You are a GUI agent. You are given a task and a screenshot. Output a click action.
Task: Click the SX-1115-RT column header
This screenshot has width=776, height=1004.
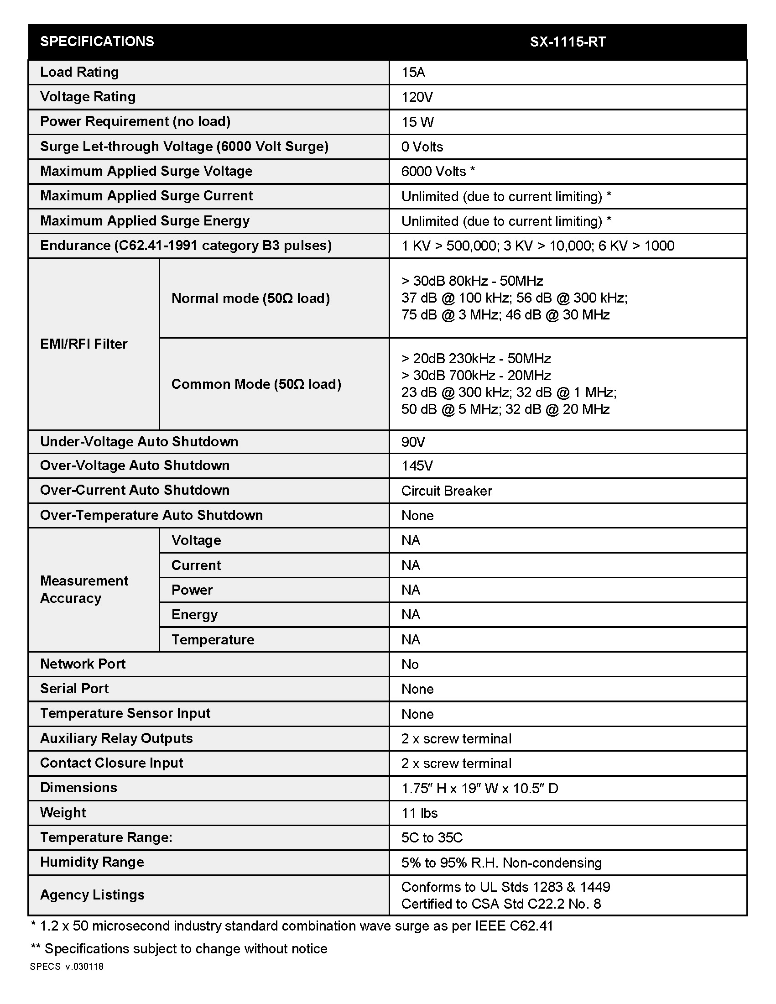[x=568, y=42]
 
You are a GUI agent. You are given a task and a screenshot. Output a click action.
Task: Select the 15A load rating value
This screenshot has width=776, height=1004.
[x=413, y=72]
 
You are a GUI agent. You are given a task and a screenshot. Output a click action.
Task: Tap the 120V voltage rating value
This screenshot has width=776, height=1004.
[x=417, y=97]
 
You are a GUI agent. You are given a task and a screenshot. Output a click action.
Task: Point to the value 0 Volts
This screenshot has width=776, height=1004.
[x=422, y=146]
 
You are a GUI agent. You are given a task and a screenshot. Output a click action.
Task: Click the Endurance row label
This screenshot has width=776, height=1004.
[x=186, y=246]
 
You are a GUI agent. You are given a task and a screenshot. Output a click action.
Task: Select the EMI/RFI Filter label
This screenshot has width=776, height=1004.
[x=83, y=344]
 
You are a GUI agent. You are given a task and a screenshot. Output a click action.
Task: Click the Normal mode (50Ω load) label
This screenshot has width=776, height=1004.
[x=250, y=298]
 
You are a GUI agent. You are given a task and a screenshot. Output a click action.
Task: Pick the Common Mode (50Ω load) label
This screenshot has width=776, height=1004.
[x=256, y=384]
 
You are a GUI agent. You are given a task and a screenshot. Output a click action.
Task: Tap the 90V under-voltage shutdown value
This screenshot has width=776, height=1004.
[x=412, y=442]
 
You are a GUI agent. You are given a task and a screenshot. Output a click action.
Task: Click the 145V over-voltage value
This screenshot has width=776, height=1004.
[x=417, y=465]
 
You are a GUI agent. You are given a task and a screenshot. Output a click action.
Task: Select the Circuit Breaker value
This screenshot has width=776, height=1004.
[x=446, y=491]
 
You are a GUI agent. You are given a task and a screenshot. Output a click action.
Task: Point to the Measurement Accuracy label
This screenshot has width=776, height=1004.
[x=83, y=589]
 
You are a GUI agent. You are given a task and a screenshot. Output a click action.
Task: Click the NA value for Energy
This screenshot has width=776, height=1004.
[x=410, y=615]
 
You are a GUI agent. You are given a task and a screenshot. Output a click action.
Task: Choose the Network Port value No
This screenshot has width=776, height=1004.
[x=409, y=664]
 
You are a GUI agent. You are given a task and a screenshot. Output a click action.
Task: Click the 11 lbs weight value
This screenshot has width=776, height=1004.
[x=419, y=813]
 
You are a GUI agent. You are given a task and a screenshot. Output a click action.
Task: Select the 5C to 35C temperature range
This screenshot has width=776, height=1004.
[x=432, y=837]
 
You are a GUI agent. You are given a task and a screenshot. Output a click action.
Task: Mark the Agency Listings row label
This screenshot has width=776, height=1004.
[x=92, y=894]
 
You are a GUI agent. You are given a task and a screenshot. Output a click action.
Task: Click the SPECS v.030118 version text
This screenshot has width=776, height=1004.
[x=67, y=967]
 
